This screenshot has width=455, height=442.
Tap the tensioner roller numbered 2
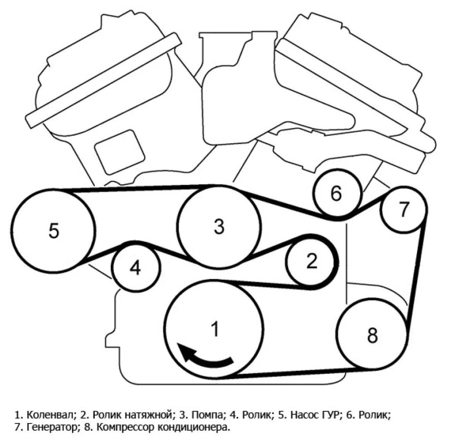[311, 261]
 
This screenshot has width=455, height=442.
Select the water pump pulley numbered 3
[219, 227]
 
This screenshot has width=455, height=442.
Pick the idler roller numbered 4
[135, 268]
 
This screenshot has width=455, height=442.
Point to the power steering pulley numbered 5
[53, 230]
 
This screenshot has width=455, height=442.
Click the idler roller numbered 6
[336, 194]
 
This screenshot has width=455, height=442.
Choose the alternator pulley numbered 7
[403, 209]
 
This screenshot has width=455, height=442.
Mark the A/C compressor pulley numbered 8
[372, 334]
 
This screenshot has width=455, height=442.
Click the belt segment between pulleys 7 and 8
[417, 271]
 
